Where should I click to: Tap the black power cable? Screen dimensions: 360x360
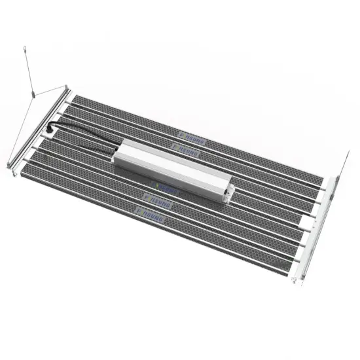click(85, 135)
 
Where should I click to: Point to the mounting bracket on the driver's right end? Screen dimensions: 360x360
click(228, 190)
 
